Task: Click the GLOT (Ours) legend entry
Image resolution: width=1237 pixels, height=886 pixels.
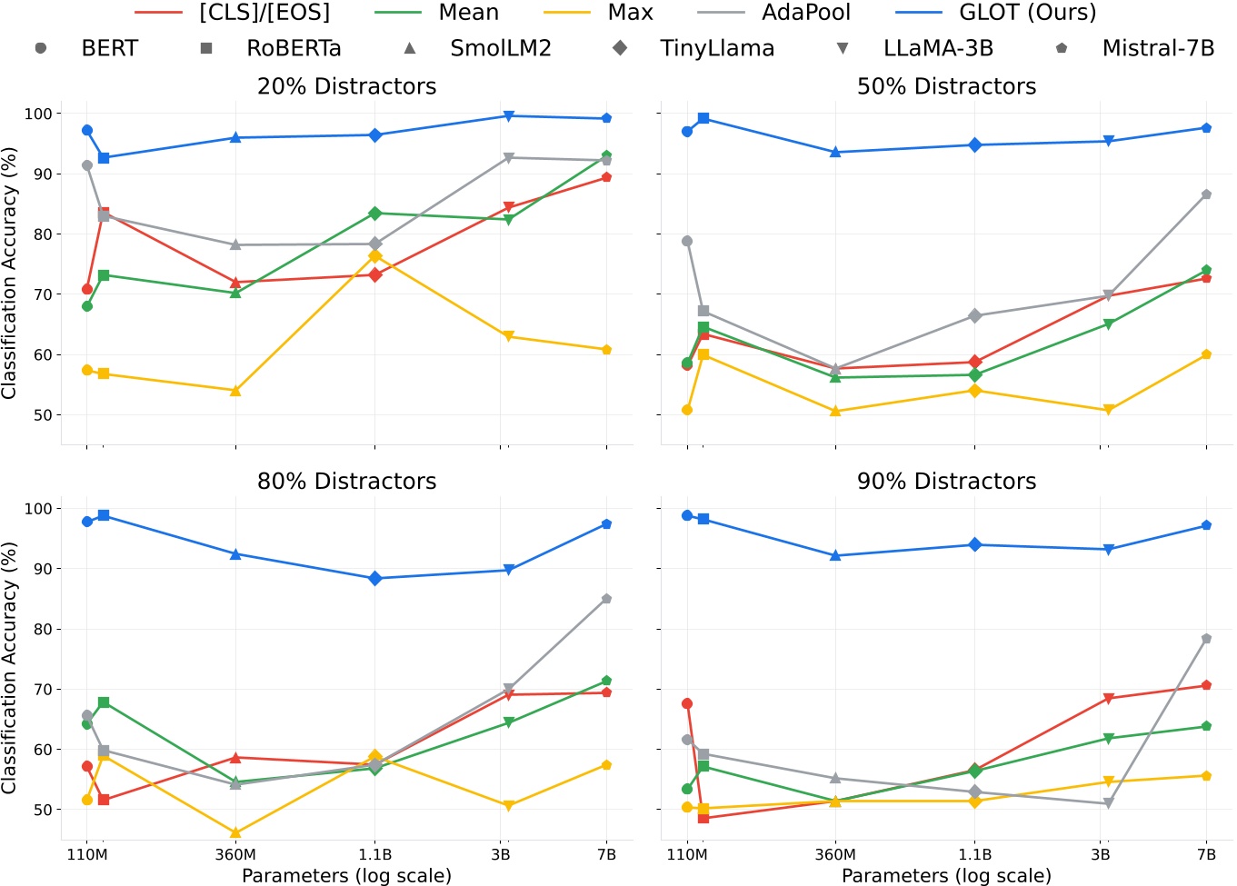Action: (x=1027, y=13)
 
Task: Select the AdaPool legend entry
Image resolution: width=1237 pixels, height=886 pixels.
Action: (x=805, y=13)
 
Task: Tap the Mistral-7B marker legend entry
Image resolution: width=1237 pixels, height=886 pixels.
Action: (x=1157, y=48)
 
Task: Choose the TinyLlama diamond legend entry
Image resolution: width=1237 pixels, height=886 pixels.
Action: (x=716, y=48)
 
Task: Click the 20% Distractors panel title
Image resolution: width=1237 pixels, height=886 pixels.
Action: (x=346, y=86)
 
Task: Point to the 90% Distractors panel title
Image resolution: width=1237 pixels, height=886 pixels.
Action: (x=946, y=482)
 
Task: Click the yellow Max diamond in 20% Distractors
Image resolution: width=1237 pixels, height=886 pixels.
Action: (x=374, y=256)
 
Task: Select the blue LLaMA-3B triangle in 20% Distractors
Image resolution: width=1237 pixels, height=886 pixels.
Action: (x=508, y=116)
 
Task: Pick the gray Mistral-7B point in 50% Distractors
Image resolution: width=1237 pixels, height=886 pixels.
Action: (x=1206, y=194)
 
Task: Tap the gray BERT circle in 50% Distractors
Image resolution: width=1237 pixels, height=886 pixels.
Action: (x=687, y=242)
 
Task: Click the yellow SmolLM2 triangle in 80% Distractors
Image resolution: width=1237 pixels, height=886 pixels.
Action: (x=235, y=832)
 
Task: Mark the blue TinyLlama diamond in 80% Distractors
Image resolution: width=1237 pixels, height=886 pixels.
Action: (x=374, y=579)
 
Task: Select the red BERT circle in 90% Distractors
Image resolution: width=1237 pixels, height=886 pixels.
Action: (x=687, y=703)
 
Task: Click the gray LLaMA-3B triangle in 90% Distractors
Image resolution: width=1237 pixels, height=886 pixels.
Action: (x=1108, y=803)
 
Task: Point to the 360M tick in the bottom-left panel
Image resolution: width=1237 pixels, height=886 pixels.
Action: (x=235, y=855)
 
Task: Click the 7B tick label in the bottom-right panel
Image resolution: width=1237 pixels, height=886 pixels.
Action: (x=1206, y=855)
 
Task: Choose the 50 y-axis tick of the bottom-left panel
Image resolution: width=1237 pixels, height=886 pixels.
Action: (x=41, y=810)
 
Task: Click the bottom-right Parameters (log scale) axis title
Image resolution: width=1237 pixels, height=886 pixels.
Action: (x=946, y=876)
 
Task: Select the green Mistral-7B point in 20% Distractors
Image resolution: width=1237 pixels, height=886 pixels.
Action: (x=606, y=156)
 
